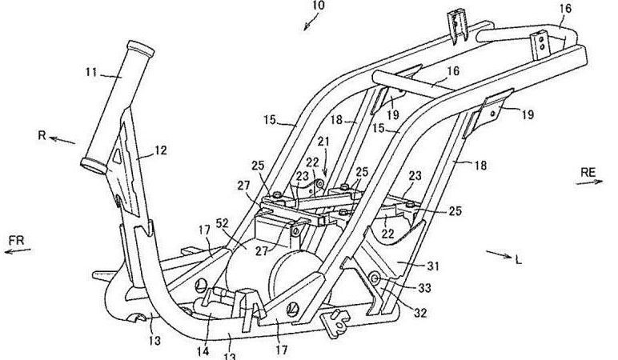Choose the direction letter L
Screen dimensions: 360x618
pos(521,259)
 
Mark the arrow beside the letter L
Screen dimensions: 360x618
pos(500,254)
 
